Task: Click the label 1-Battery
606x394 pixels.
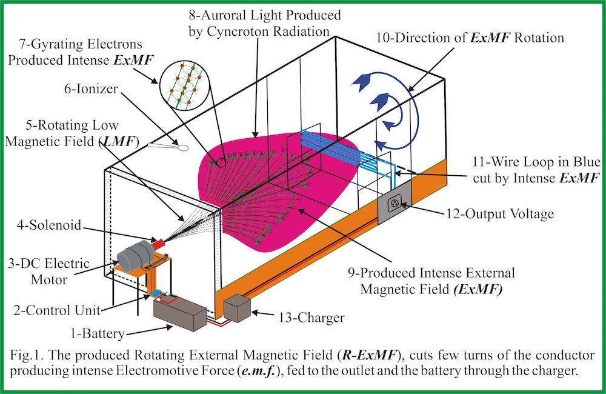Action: [98, 334]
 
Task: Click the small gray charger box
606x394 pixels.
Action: [237, 309]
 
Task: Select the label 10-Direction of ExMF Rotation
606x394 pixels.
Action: [470, 38]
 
